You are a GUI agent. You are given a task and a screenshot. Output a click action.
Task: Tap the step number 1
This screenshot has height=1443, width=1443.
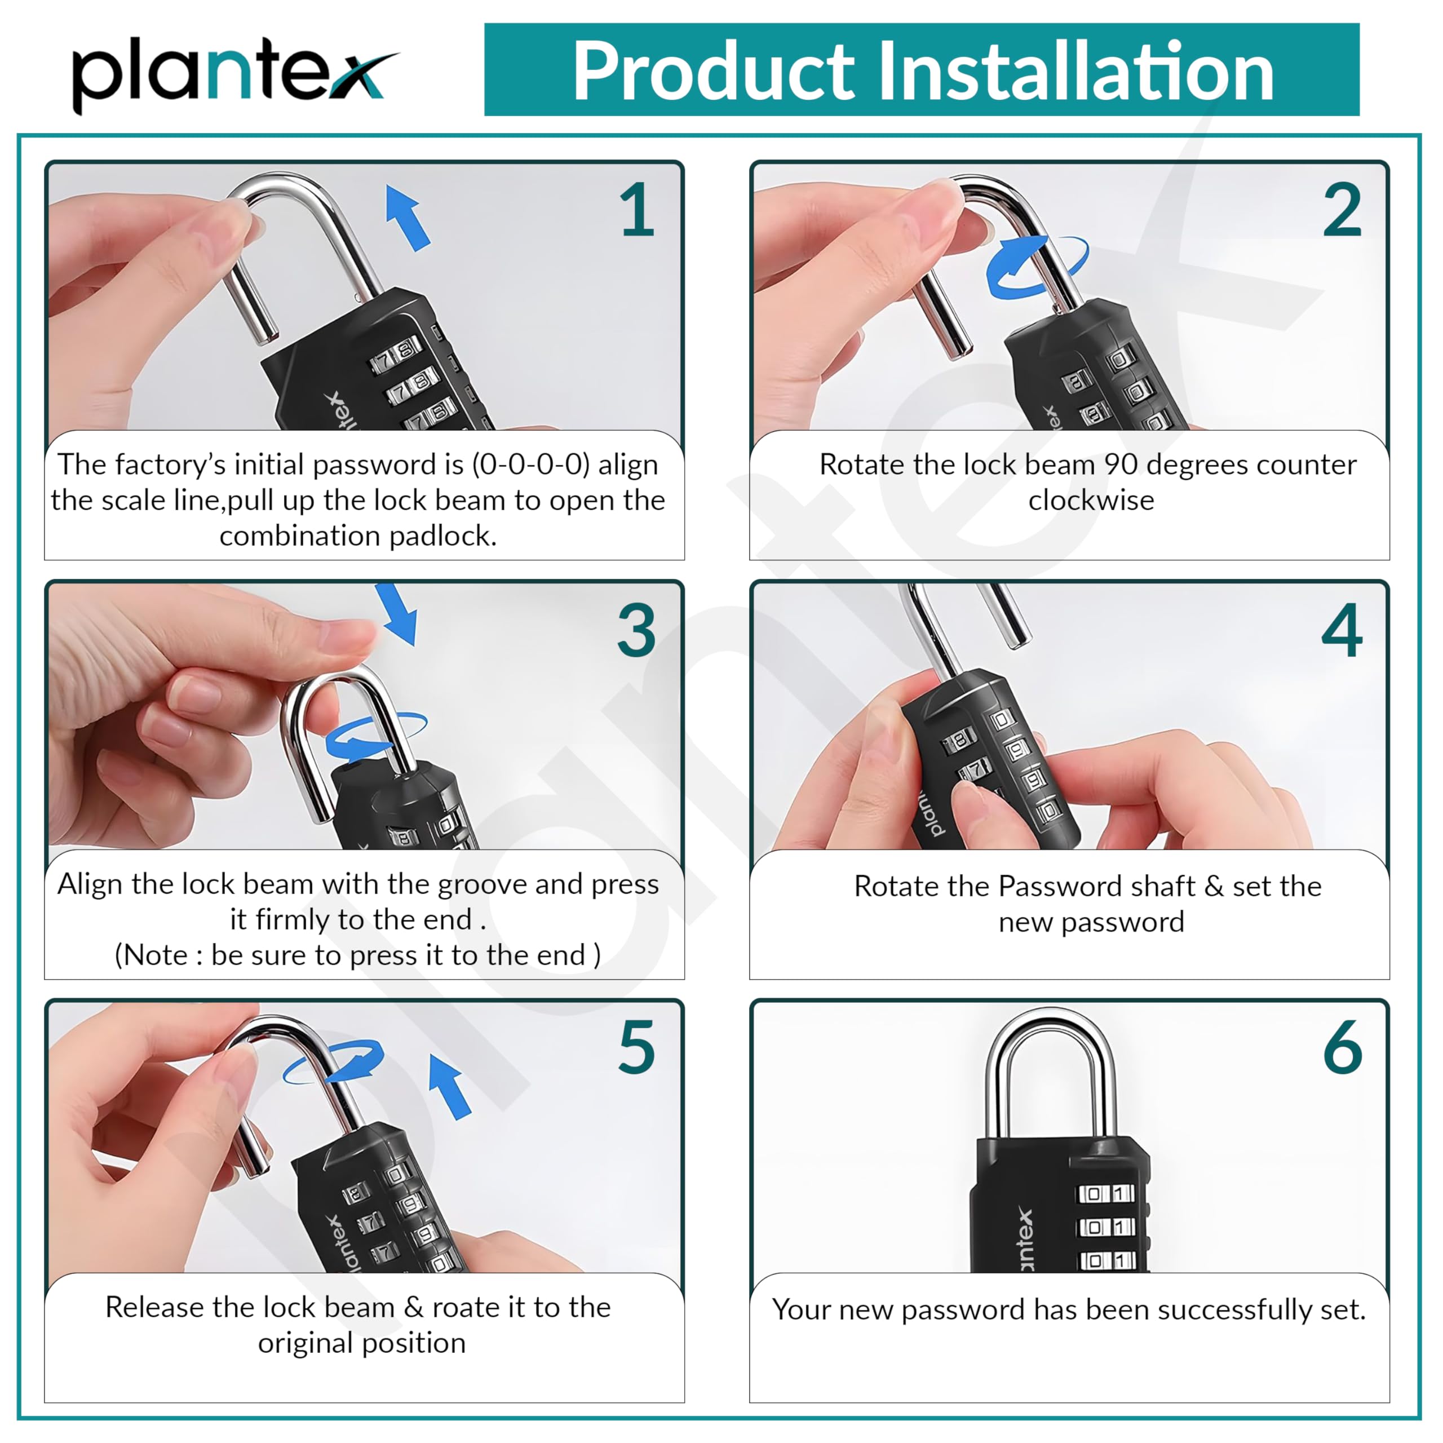(x=636, y=211)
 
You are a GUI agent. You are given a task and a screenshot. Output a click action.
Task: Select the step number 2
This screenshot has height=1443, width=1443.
(x=1342, y=211)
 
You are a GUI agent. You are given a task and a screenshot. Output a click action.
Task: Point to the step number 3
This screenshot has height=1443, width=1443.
(x=636, y=631)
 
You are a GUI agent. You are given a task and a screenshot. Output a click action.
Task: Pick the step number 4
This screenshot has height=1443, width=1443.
(x=1342, y=631)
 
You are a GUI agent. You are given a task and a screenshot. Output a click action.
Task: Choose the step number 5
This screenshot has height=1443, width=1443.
(x=636, y=1048)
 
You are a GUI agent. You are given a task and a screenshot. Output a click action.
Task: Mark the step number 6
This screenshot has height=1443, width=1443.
(x=1342, y=1048)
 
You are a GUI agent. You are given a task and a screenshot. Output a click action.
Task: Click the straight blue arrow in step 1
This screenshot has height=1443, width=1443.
(x=408, y=218)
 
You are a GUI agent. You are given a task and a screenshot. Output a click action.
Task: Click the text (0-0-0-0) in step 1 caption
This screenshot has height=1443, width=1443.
(x=531, y=464)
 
